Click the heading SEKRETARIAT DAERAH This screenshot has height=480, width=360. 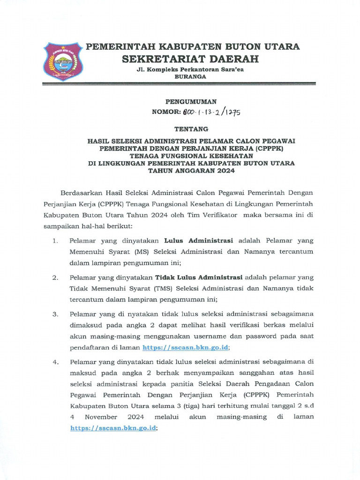pos(190,59)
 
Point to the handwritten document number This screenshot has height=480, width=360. pos(210,112)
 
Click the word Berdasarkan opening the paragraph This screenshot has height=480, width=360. pos(82,193)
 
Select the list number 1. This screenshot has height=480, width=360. pos(55,241)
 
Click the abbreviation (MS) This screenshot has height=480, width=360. pos(142,252)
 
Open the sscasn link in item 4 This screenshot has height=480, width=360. pos(113,428)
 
